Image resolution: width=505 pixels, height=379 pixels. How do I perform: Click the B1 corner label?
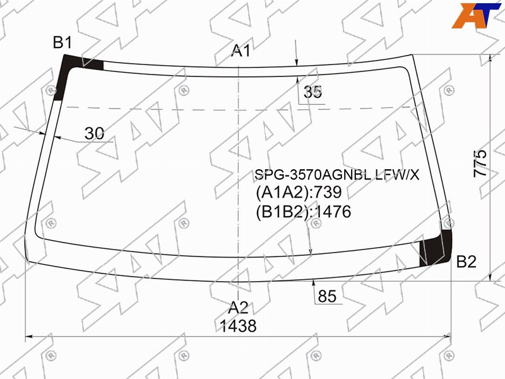62,43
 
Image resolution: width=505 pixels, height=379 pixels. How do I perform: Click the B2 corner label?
466,262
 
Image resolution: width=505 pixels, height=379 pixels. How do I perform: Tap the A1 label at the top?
241,51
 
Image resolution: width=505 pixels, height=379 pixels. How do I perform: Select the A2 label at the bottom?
238,308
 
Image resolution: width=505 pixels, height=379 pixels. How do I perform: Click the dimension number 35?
312,92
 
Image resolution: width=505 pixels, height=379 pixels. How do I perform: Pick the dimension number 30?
94,133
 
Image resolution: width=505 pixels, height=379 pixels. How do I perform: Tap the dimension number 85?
327,296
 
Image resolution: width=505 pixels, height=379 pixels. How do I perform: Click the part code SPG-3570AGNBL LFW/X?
336,175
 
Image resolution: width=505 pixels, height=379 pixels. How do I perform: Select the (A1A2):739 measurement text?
298,193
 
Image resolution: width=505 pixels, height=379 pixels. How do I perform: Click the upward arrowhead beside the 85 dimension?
314,284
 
